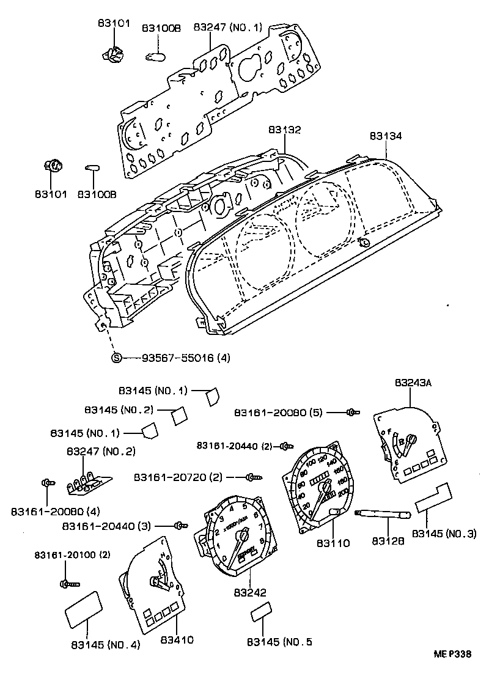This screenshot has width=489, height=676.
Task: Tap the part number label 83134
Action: click(386, 136)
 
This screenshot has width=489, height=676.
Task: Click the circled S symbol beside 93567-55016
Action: click(116, 358)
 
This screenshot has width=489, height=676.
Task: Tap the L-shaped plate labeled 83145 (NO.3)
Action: click(434, 498)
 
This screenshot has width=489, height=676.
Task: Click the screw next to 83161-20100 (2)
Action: click(68, 584)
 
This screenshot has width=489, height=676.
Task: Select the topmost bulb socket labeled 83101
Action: click(113, 55)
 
